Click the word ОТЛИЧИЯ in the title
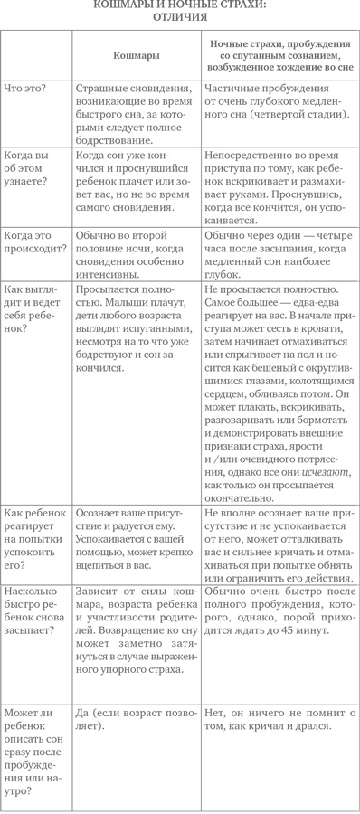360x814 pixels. coord(179,16)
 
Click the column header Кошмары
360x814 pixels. coord(136,56)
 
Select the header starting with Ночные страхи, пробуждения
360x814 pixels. coord(280,55)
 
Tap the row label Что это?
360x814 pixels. coord(26,90)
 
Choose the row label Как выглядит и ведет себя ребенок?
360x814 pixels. coord(33,308)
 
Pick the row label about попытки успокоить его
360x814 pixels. coord(34,534)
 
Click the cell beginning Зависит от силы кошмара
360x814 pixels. coord(136,616)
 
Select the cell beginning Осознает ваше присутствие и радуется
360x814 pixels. coord(136,534)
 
